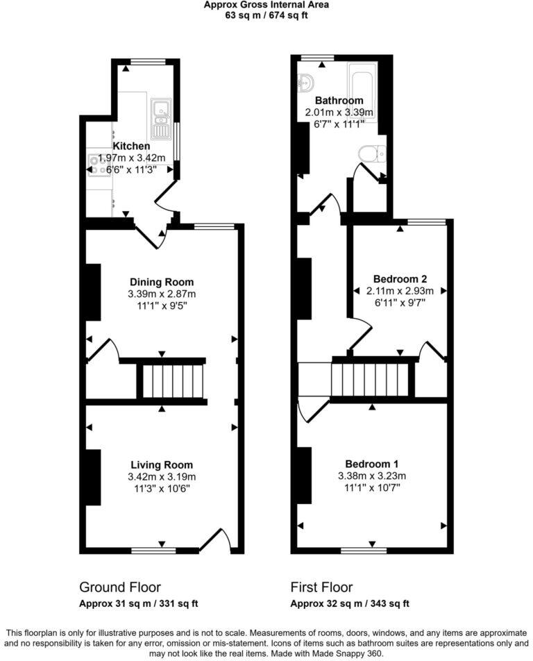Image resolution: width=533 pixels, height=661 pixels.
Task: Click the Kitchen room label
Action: pyautogui.click(x=131, y=146)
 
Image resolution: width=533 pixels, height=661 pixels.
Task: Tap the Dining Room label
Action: pyautogui.click(x=162, y=282)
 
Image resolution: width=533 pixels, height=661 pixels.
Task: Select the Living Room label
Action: pyautogui.click(x=162, y=465)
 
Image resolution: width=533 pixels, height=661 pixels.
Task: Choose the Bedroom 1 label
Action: pyautogui.click(x=372, y=463)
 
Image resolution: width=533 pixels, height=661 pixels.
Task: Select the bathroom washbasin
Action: pyautogui.click(x=304, y=83)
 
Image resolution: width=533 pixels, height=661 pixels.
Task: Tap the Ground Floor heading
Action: pyautogui.click(x=120, y=587)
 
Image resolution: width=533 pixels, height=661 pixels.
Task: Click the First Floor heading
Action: pyautogui.click(x=321, y=587)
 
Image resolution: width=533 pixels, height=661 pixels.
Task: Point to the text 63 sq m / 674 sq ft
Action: pyautogui.click(x=266, y=15)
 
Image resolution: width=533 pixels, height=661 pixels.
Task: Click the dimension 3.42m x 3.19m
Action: pyautogui.click(x=162, y=476)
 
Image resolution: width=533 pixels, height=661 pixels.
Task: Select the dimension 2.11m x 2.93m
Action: pyautogui.click(x=399, y=291)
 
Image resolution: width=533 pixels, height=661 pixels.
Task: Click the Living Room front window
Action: pyautogui.click(x=153, y=551)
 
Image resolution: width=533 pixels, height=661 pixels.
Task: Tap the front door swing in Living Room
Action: pyautogui.click(x=216, y=540)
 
